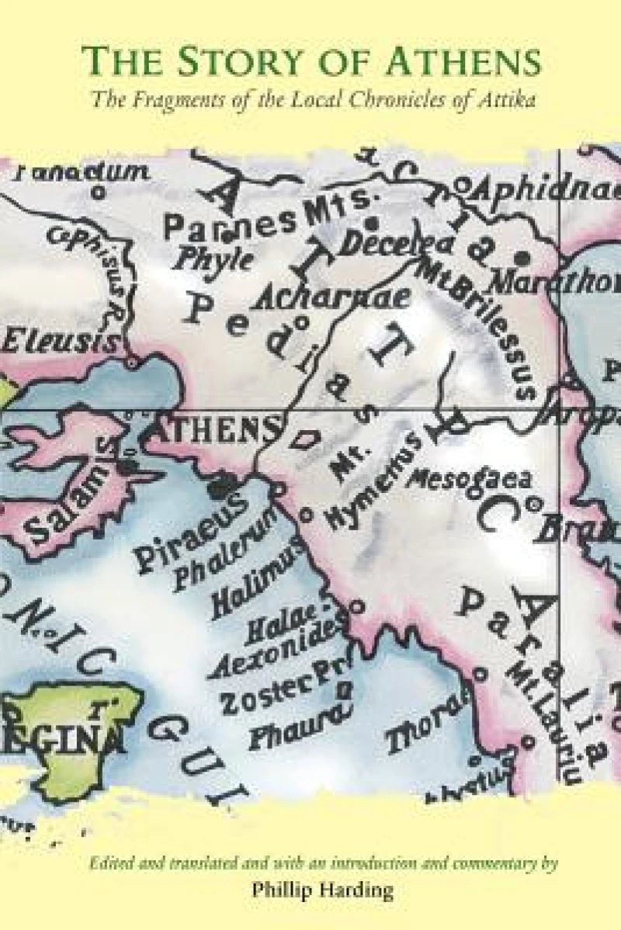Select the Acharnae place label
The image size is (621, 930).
click(321, 294)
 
